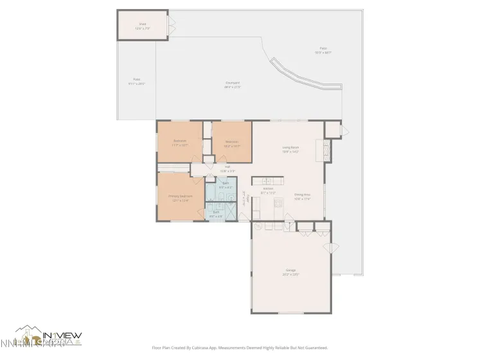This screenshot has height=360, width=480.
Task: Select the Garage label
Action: [292, 272]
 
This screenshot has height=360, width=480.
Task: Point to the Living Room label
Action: [290, 150]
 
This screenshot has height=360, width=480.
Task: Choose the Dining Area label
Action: [302, 196]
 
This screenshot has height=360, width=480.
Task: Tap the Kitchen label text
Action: [268, 191]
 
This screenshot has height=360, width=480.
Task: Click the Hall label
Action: [227, 169]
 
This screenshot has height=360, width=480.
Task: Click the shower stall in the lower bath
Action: [229, 211]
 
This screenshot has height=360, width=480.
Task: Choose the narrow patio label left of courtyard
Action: [136, 82]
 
